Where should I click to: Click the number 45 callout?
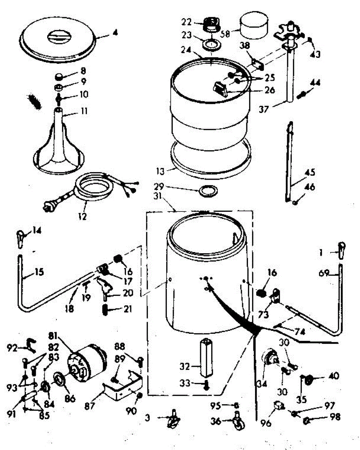tap(310, 173)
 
